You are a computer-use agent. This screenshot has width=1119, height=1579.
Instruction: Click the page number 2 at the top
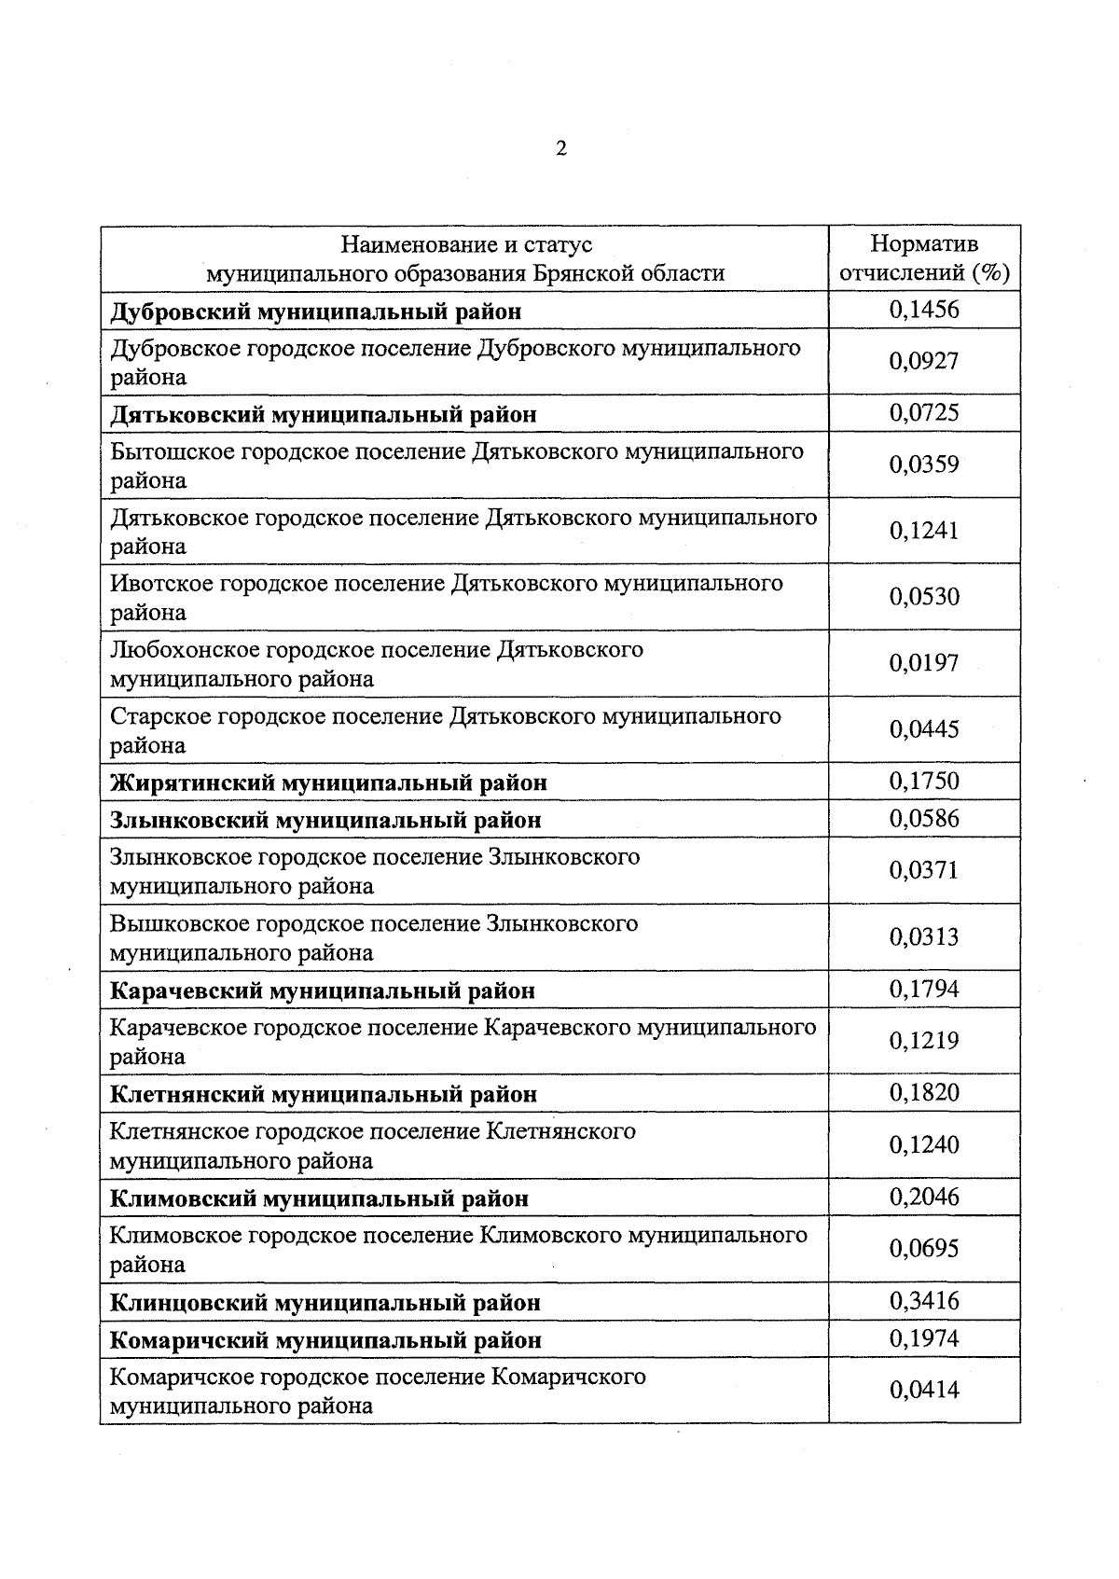[x=560, y=149]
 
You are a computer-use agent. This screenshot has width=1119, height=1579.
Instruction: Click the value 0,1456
[x=923, y=310]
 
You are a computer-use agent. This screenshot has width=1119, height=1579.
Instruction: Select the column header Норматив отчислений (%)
[x=924, y=258]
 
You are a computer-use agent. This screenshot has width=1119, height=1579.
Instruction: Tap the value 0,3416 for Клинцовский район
[x=923, y=1301]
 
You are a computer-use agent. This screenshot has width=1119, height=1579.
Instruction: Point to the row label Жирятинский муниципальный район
[x=328, y=783]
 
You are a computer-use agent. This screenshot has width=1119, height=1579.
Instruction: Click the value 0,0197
[x=923, y=663]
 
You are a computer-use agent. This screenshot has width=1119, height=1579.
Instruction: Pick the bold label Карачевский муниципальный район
[x=323, y=990]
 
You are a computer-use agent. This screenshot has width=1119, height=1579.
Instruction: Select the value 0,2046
[x=923, y=1197]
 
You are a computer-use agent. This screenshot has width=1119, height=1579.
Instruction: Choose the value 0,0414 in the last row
[x=923, y=1391]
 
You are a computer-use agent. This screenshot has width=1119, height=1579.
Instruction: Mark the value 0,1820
[x=923, y=1093]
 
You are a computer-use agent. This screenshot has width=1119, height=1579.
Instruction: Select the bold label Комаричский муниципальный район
[x=325, y=1340]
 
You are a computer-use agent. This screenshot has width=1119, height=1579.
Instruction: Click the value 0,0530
[x=923, y=597]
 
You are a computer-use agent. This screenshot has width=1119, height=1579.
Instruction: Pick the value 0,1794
[x=923, y=990]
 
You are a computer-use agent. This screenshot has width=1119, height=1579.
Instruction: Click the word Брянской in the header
[x=578, y=273]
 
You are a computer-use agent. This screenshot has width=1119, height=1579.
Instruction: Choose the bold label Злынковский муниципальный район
[x=325, y=820]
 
